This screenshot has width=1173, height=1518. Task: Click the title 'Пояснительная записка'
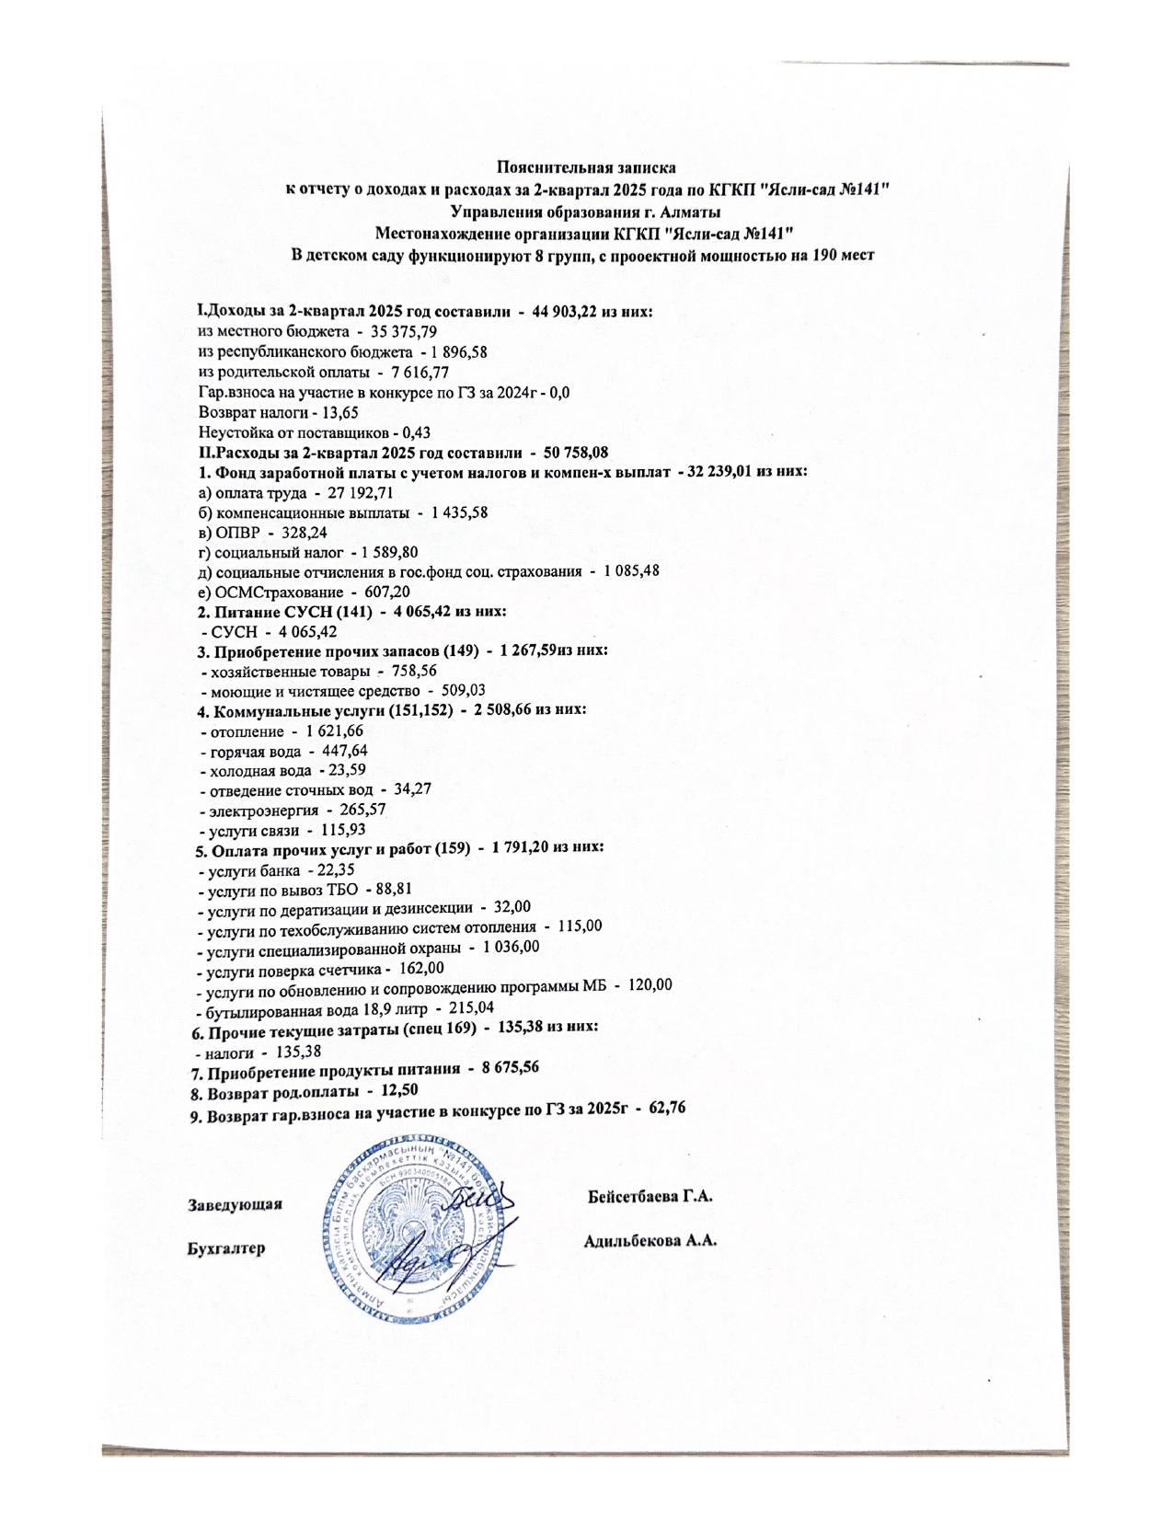[x=586, y=167]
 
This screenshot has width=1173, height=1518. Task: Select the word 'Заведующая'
[x=235, y=1204]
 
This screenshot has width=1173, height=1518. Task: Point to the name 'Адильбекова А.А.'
[x=650, y=1240]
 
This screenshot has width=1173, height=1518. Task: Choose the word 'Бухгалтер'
[x=225, y=1248]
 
